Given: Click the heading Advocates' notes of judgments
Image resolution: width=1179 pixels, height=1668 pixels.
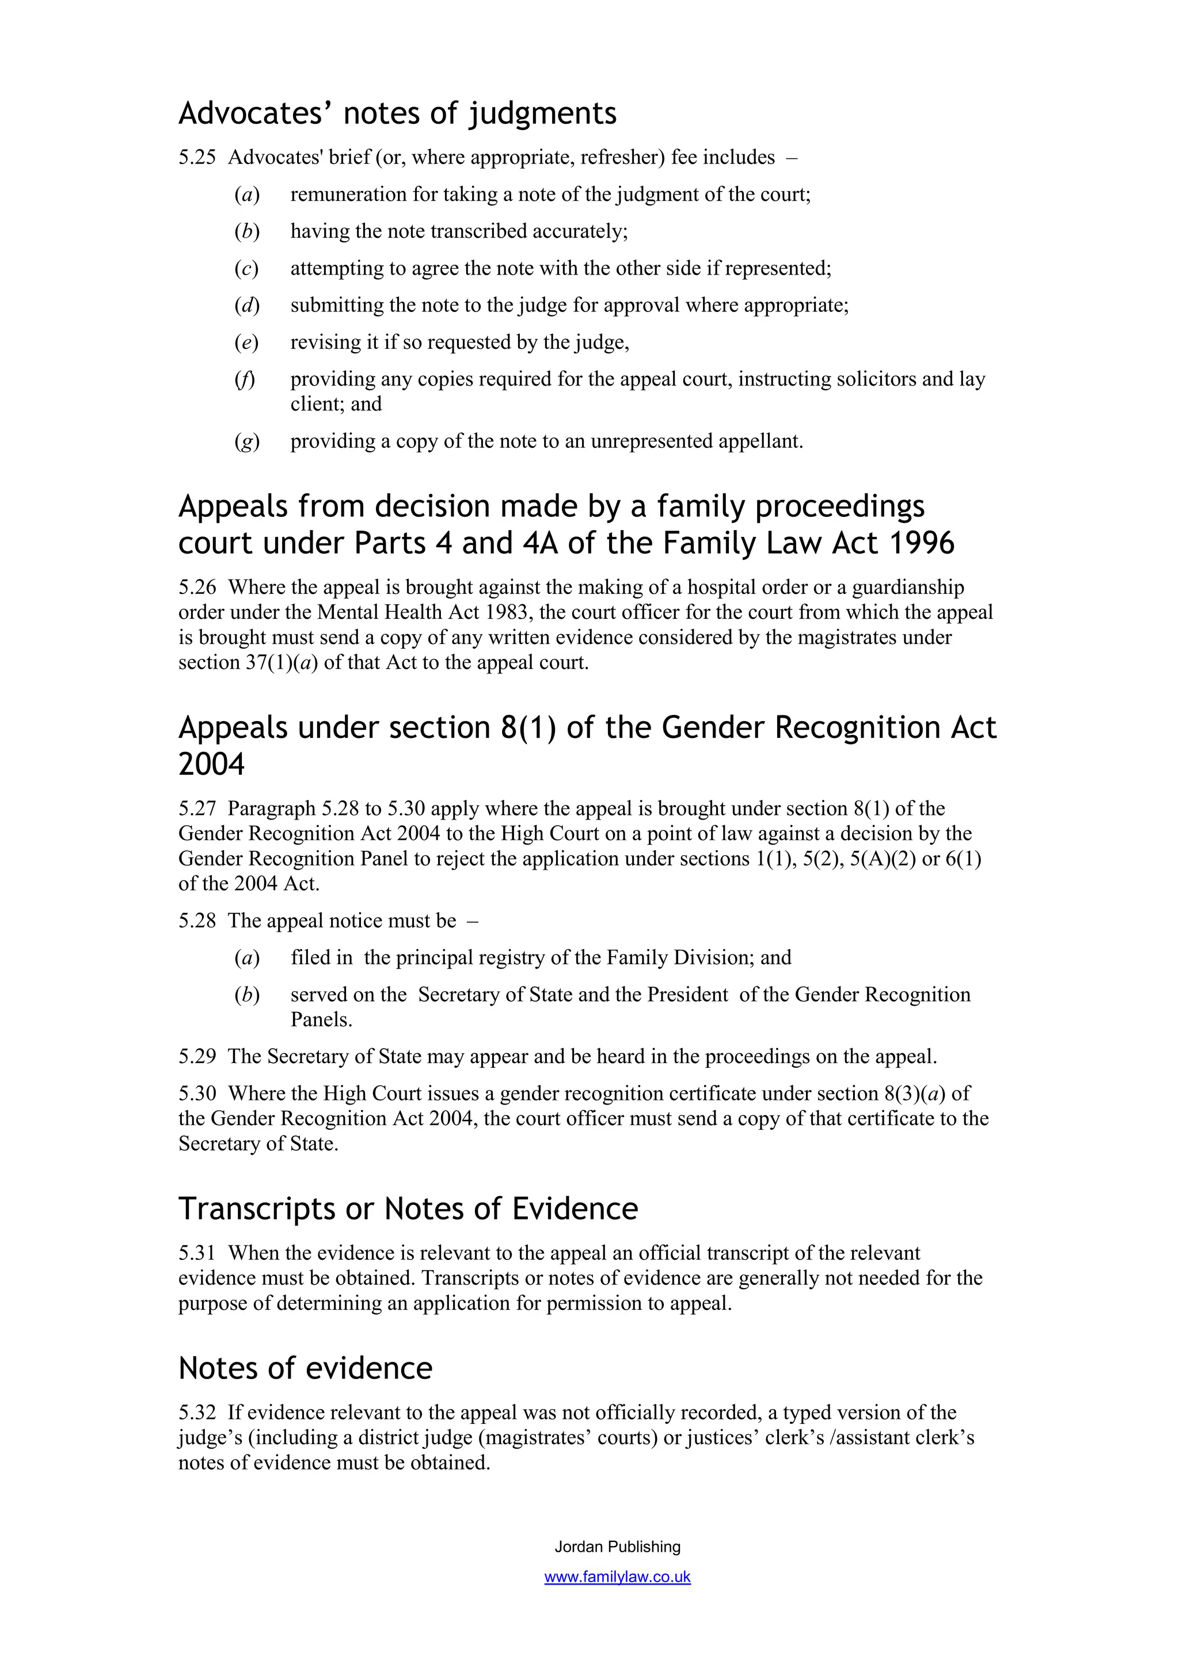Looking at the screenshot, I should point(397,114).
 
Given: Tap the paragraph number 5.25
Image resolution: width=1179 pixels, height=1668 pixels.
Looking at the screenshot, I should point(197,158).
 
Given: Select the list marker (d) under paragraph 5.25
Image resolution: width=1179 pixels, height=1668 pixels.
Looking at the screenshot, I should point(246,305).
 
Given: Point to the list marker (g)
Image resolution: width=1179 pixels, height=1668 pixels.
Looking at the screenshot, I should point(246,441).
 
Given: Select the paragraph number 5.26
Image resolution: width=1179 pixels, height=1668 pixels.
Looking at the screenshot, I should point(197,587).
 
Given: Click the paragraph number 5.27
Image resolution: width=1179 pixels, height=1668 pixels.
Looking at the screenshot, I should point(197,809).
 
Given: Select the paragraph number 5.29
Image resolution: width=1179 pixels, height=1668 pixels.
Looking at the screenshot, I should point(197,1056).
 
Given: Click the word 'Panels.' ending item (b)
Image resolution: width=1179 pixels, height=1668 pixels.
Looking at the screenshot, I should point(321,1019).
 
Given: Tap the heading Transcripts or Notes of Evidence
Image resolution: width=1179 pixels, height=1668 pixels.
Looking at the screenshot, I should point(408,1209).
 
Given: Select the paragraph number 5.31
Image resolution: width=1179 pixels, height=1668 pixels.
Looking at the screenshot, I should point(197,1253).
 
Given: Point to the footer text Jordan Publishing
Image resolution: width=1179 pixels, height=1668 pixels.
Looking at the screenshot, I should point(618,1547).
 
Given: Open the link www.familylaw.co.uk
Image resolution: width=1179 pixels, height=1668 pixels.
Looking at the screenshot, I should point(618,1577).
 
